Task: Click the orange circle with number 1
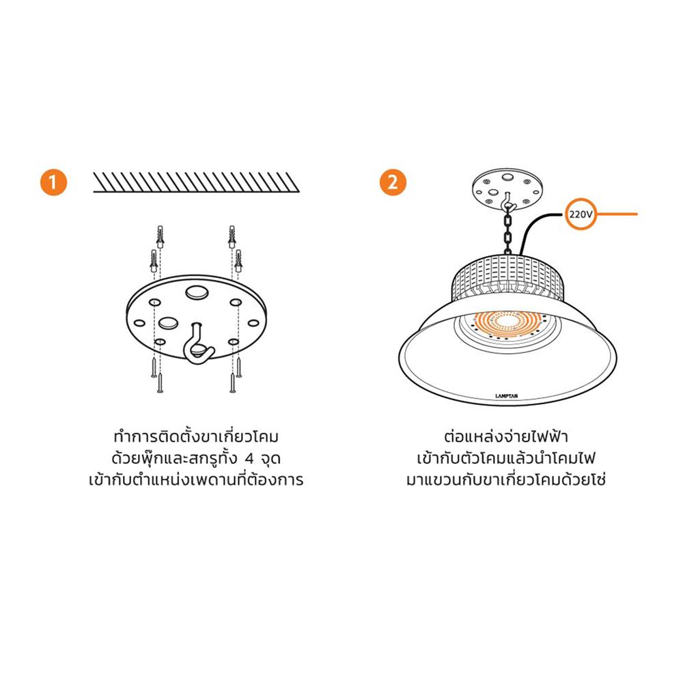[x=54, y=183]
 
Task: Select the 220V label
[x=579, y=214]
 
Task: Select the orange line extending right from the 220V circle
[x=617, y=214]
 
